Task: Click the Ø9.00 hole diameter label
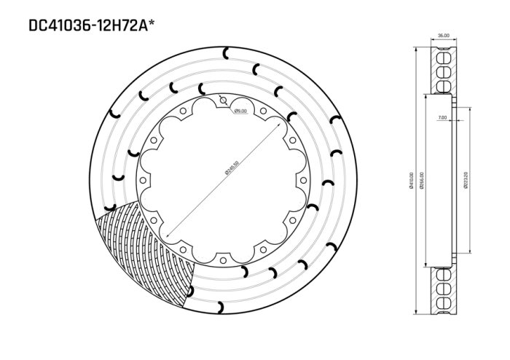[241, 111]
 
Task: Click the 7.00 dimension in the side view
[442, 117]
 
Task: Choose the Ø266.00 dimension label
[422, 181]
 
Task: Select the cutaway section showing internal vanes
[146, 248]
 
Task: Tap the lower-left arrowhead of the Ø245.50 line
[168, 237]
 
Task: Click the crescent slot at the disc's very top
[227, 51]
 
